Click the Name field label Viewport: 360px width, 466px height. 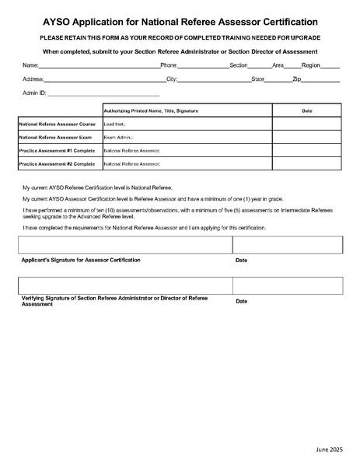[30, 65]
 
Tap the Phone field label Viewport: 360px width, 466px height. [169, 65]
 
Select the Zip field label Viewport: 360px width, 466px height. [297, 79]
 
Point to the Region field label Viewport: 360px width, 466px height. [311, 65]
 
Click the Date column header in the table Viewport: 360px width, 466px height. [306, 111]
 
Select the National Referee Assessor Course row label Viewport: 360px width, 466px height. [58, 124]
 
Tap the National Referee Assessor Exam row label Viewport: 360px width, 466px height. [56, 137]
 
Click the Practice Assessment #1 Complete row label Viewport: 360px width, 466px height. [57, 150]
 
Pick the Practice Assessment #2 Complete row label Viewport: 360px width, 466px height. [57, 164]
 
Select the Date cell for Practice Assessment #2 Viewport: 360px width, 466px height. [306, 164]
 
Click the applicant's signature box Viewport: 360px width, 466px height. [124, 245]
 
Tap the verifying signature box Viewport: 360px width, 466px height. [124, 286]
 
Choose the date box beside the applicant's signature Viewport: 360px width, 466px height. [287, 245]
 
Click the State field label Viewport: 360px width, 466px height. [258, 79]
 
